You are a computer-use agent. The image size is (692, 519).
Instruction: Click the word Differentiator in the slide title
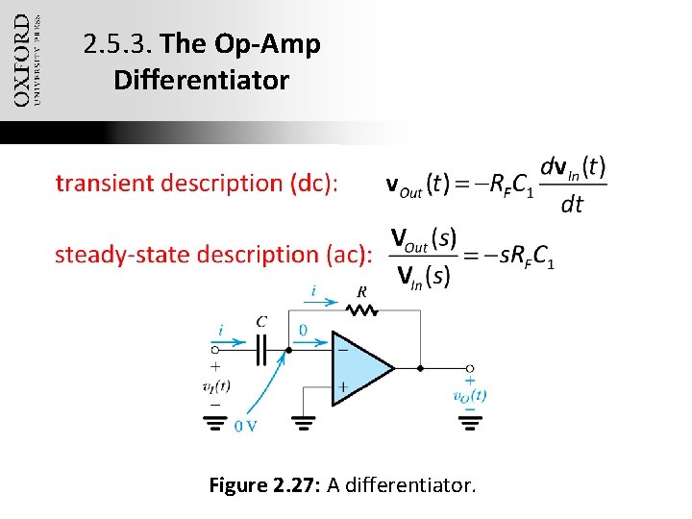[x=201, y=80]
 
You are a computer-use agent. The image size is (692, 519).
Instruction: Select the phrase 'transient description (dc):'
[x=196, y=184]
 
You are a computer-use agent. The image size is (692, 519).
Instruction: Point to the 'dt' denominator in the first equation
[x=571, y=205]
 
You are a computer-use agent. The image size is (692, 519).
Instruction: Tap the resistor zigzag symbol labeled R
[x=362, y=309]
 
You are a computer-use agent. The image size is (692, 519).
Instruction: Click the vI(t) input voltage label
[x=215, y=386]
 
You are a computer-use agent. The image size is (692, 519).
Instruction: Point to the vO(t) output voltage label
[x=469, y=395]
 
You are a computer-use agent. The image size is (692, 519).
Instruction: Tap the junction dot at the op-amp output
[x=420, y=368]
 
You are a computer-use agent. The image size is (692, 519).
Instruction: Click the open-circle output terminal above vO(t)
[x=469, y=368]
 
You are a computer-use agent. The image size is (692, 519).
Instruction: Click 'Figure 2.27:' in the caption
[x=265, y=485]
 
